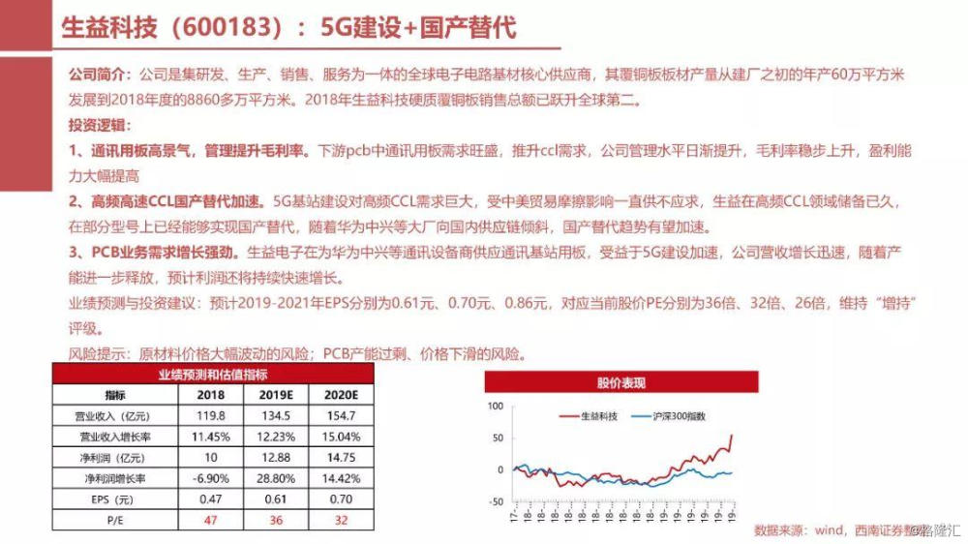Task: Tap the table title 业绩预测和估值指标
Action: pyautogui.click(x=212, y=375)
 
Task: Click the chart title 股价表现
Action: pyautogui.click(x=620, y=383)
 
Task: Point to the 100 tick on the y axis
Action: pyautogui.click(x=496, y=406)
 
